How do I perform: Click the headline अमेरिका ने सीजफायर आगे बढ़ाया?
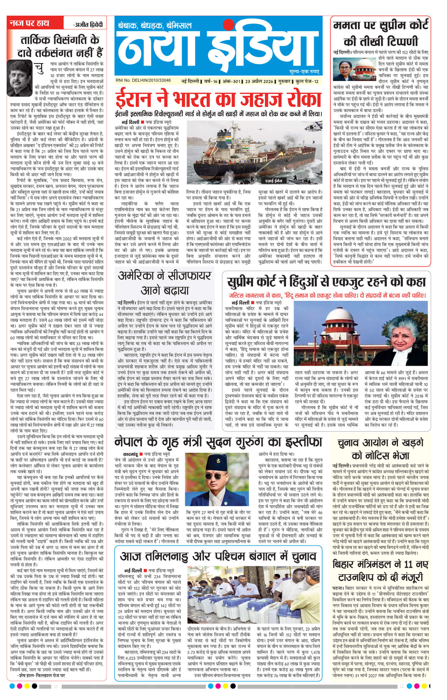click(x=164, y=282)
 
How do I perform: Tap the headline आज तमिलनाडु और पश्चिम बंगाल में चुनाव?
click(x=218, y=556)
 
